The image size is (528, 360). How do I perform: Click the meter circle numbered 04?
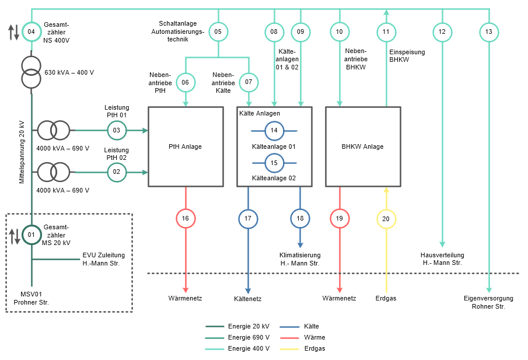(32, 32)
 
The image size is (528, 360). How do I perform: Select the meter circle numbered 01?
(32, 236)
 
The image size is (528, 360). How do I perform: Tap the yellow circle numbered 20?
(386, 219)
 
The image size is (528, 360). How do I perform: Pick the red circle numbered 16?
(186, 219)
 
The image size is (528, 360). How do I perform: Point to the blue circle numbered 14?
(274, 131)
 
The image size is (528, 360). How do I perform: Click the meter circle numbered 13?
(489, 32)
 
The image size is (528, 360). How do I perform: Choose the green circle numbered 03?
(117, 130)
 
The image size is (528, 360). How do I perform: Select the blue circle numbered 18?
(300, 219)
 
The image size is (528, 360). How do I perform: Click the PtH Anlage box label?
(186, 147)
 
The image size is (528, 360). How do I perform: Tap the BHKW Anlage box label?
(362, 147)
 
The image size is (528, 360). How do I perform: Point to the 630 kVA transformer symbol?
(32, 72)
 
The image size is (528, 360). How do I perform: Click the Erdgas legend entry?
(314, 348)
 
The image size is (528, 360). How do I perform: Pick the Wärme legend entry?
(314, 337)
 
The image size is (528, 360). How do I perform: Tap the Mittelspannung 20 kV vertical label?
(22, 152)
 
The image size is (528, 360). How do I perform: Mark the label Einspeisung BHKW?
(407, 56)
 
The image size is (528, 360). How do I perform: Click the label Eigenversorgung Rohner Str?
(488, 302)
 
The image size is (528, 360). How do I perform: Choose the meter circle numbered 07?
(249, 82)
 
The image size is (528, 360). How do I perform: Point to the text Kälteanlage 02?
(274, 178)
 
